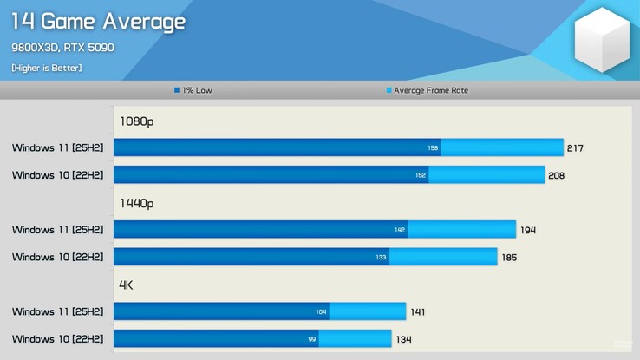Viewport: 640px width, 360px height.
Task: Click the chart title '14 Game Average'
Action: click(98, 21)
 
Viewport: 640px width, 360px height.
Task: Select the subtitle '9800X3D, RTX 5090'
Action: click(63, 47)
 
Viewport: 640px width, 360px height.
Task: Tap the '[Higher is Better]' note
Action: click(47, 68)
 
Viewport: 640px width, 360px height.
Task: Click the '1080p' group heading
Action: click(137, 121)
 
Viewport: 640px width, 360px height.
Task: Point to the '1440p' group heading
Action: click(137, 203)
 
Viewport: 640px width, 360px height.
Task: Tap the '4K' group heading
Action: click(126, 285)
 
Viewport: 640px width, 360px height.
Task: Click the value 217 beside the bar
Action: click(575, 148)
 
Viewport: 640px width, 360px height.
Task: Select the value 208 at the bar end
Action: click(557, 175)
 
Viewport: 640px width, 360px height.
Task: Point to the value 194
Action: click(528, 230)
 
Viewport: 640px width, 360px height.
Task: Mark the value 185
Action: click(509, 257)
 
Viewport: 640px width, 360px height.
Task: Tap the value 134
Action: click(403, 338)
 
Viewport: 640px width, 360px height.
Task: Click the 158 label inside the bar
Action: click(433, 148)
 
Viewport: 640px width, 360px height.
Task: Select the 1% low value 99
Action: click(311, 338)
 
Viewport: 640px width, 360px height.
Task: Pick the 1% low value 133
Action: click(382, 257)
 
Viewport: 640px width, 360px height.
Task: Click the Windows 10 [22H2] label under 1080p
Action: click(57, 175)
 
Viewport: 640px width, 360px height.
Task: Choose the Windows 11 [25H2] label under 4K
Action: click(57, 311)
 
